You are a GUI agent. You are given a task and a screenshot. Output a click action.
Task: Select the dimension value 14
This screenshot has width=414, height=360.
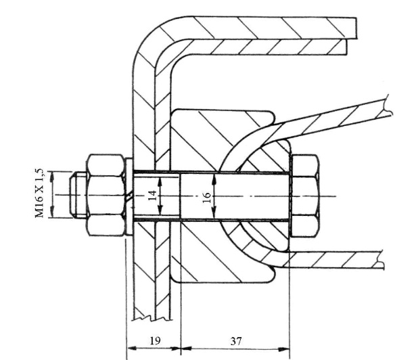[x=152, y=196]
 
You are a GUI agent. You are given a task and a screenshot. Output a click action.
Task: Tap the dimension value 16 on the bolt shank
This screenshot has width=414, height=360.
[x=207, y=196]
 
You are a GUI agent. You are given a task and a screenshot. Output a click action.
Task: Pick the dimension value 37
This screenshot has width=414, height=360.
[x=235, y=342]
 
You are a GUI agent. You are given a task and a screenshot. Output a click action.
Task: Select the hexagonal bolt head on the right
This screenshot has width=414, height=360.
[x=305, y=196]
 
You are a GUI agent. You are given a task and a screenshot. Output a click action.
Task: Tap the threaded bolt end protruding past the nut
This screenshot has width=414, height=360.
[x=77, y=196]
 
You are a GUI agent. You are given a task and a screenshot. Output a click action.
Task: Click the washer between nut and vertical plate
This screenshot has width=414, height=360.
[x=129, y=196]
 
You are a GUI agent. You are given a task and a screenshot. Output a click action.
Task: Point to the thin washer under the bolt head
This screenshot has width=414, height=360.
[x=290, y=196]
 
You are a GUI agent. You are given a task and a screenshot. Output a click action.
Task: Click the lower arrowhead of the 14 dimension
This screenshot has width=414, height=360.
[x=160, y=215]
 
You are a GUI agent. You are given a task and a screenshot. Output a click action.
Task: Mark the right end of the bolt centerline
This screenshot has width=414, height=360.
[x=335, y=196]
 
